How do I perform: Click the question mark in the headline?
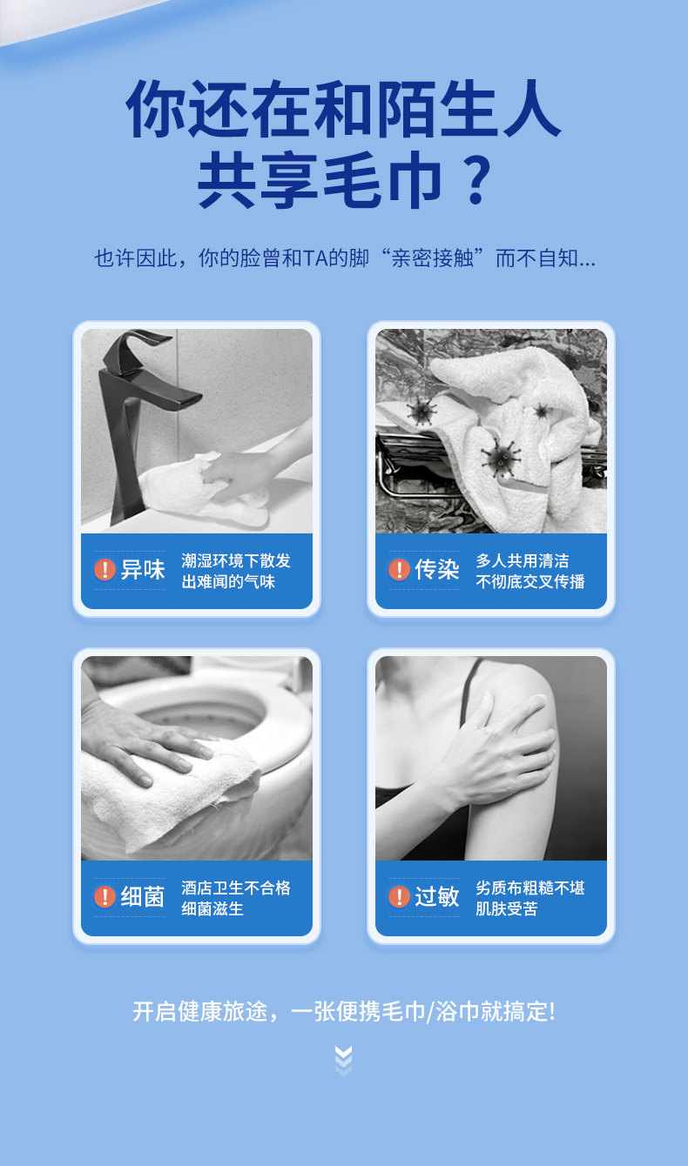click(478, 179)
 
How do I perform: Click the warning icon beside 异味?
click(105, 569)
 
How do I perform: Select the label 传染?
click(437, 569)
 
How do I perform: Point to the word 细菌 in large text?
click(142, 897)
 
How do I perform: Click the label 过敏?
click(437, 897)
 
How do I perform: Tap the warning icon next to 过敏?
click(399, 897)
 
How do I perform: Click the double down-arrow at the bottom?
click(343, 1061)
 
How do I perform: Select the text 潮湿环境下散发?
click(236, 560)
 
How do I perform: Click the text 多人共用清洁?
click(523, 560)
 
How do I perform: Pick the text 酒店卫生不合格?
click(236, 888)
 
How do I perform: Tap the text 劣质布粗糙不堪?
click(530, 888)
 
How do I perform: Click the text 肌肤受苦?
click(507, 908)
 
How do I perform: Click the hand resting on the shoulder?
click(497, 749)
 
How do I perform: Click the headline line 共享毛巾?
click(320, 179)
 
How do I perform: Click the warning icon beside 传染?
click(399, 569)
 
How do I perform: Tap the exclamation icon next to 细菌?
click(105, 897)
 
